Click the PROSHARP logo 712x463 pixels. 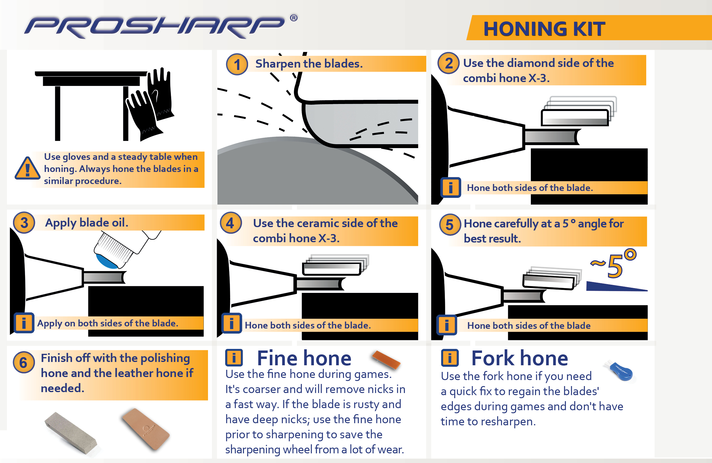tap(154, 27)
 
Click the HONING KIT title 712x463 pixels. tap(544, 29)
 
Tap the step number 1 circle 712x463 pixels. tap(237, 65)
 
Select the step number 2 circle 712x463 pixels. tap(449, 63)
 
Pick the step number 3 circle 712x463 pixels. tap(24, 223)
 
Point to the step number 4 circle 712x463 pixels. tap(231, 223)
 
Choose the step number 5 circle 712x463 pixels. tap(450, 225)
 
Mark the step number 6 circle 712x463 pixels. tap(24, 362)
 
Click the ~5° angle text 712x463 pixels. tap(613, 264)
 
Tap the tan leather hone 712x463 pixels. tap(145, 429)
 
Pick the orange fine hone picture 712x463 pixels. tap(386, 360)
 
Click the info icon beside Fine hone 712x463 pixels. tap(234, 358)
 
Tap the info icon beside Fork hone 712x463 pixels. tap(449, 358)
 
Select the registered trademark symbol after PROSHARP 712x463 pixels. tap(294, 18)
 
